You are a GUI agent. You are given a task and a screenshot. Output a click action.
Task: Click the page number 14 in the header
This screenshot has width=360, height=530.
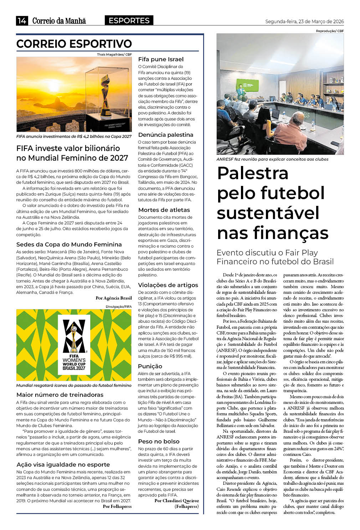coord(22,21)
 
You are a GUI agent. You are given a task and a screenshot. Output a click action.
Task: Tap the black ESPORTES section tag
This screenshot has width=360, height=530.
coord(129,21)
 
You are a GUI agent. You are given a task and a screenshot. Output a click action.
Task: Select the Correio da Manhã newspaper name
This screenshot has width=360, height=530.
coord(59,21)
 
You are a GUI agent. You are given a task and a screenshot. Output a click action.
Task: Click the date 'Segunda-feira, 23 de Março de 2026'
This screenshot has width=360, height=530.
coord(304,21)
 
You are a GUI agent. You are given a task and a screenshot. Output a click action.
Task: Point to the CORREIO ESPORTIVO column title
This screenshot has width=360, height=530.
coord(74,44)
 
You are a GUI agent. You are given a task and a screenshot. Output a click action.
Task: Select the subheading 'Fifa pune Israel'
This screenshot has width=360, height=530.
coord(161,59)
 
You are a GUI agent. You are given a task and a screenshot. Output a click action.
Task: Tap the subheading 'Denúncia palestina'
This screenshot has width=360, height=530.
coord(166,135)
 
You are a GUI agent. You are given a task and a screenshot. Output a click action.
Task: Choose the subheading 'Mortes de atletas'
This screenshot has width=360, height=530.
coord(164,210)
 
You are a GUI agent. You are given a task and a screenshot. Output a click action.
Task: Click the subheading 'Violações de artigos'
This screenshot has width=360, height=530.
coord(168,285)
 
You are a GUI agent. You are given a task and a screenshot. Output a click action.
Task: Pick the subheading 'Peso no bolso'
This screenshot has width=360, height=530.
coord(159,442)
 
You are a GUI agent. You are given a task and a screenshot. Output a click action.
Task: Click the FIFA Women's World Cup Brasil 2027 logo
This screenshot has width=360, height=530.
coord(74,345)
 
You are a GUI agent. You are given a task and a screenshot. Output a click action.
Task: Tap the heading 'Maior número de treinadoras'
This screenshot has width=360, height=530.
coord(60,395)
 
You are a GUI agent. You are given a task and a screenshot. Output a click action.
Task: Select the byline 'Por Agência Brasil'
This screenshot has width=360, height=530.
coord(113,298)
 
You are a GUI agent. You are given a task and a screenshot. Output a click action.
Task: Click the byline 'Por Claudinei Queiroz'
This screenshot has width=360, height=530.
coord(176,501)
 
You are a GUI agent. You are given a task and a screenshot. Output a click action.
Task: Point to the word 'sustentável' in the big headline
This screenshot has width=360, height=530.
coord(268,213)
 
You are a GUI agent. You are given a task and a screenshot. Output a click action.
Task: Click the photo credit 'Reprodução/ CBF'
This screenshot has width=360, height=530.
coord(330,31)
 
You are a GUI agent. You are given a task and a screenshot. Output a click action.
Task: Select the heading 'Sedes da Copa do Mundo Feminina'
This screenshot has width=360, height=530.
coord(69,245)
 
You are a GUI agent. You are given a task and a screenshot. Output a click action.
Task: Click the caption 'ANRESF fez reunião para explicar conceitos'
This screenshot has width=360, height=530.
coord(272,159)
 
